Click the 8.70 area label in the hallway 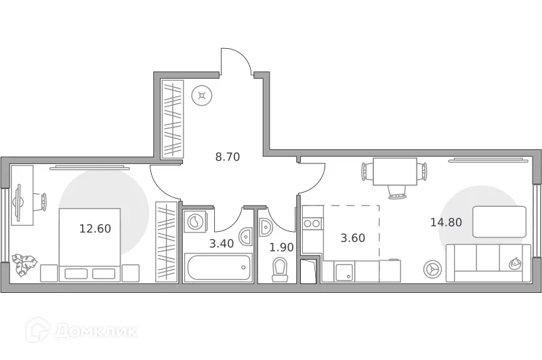click(228, 157)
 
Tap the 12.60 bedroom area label click(95, 228)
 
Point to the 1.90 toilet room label click(282, 247)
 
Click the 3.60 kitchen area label click(352, 238)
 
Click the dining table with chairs click(394, 171)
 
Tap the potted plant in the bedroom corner click(24, 264)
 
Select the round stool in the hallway click(201, 95)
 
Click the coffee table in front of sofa click(499, 222)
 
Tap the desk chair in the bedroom click(40, 201)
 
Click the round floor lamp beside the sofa click(431, 269)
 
